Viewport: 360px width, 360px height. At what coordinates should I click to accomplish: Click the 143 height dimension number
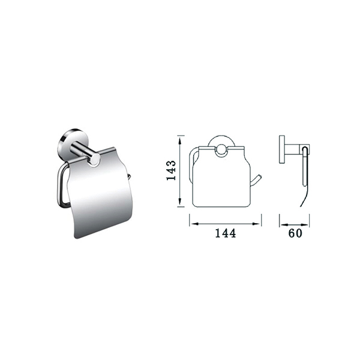point(172,170)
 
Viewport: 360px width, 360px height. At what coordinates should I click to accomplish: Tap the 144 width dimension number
point(225,233)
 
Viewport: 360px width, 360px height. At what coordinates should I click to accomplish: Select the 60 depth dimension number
point(295,233)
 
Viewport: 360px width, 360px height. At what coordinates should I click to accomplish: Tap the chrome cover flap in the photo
point(101,193)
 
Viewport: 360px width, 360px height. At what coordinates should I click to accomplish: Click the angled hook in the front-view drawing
point(255,181)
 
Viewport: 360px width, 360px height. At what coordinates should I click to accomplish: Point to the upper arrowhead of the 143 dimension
point(181,140)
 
